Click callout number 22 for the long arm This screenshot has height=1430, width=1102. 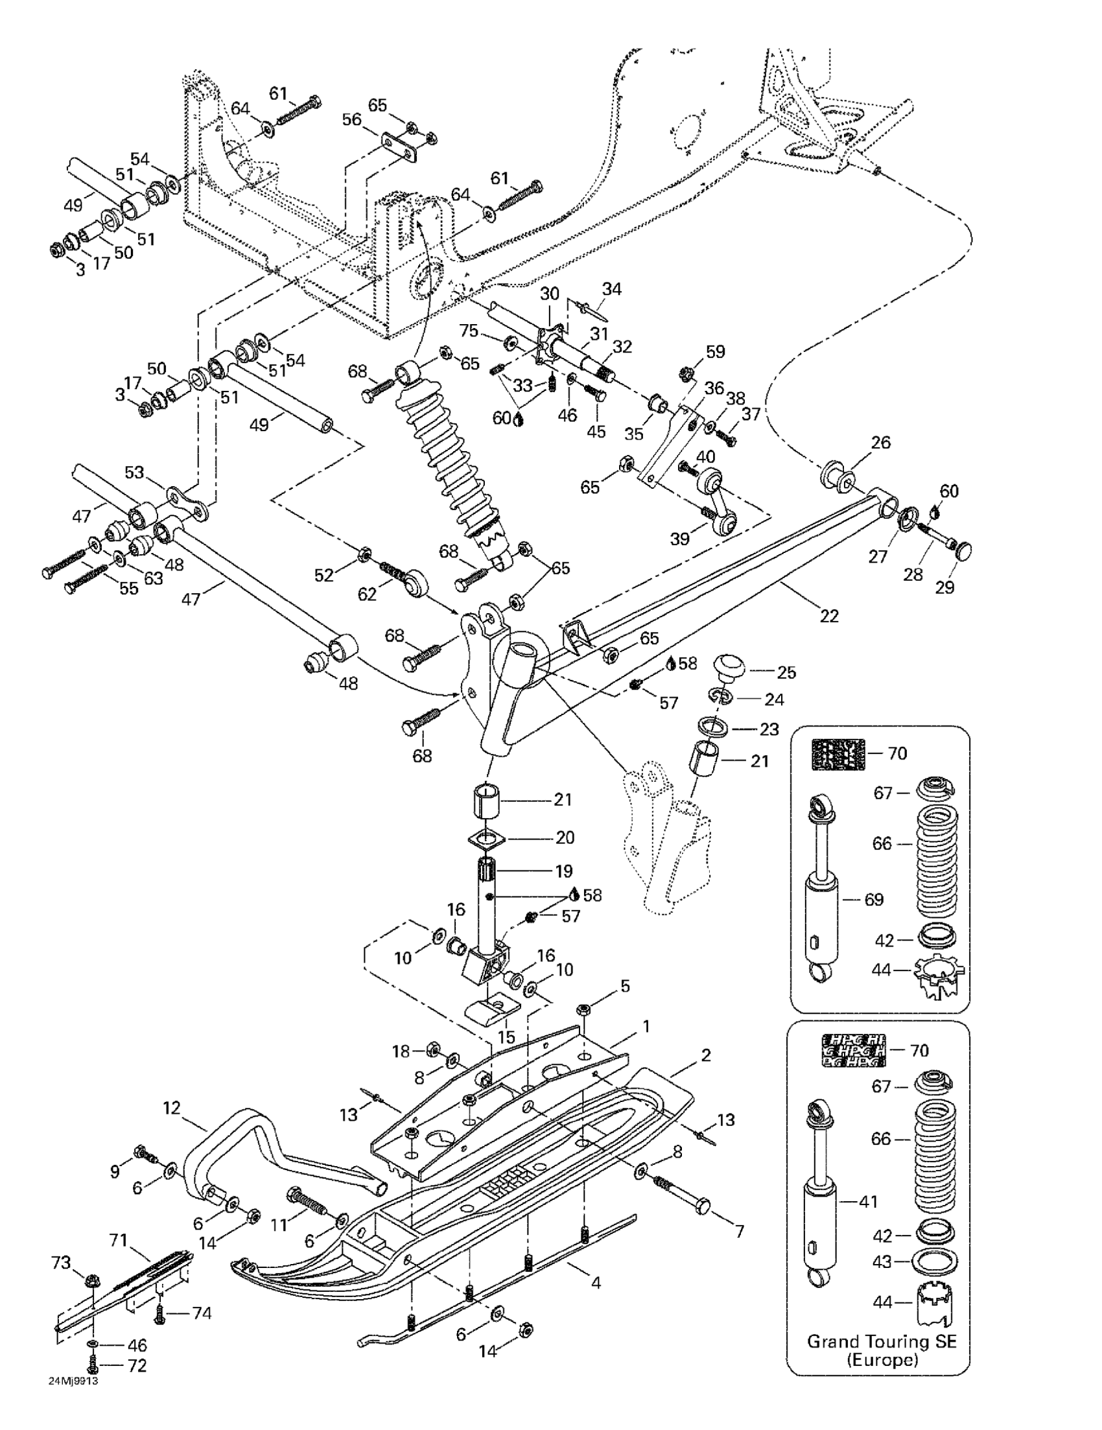(x=828, y=616)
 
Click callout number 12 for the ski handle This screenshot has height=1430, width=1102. (x=172, y=1108)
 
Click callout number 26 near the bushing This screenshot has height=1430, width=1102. (x=881, y=443)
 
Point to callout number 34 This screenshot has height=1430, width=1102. (x=611, y=288)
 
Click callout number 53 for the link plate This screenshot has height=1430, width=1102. (x=134, y=472)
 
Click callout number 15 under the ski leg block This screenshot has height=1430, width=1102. (x=506, y=1037)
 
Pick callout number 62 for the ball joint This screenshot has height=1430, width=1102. (x=368, y=594)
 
